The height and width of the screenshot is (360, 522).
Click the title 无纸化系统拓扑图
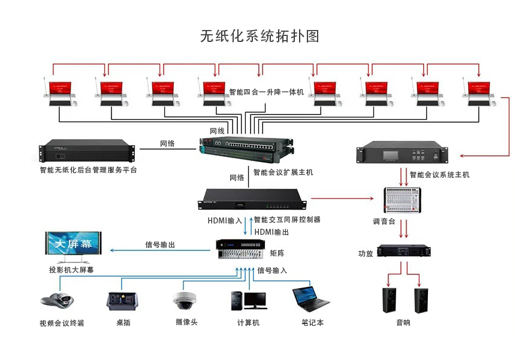(260, 37)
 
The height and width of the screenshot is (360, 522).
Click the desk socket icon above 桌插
(122, 300)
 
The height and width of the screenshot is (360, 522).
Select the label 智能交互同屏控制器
(286, 220)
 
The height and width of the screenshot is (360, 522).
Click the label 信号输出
(160, 244)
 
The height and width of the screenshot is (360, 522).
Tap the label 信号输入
(272, 270)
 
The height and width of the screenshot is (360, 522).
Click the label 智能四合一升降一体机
(267, 92)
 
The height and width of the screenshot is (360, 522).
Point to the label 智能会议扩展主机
(283, 173)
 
